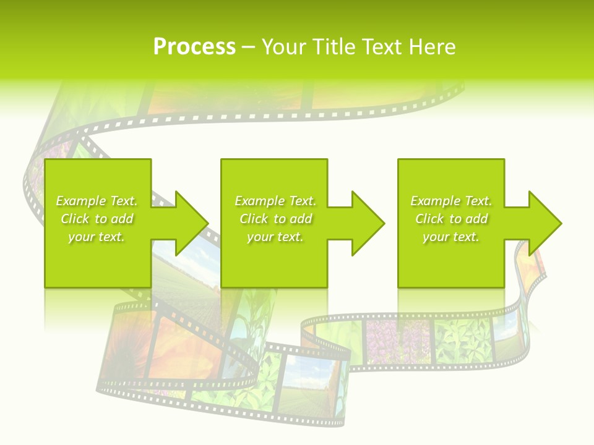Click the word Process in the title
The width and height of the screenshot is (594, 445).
coord(194,47)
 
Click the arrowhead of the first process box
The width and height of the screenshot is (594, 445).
coord(191,223)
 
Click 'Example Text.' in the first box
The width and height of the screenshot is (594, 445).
coord(97,201)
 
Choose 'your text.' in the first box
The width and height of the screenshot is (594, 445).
coord(97,237)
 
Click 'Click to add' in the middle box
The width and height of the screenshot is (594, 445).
coord(275,219)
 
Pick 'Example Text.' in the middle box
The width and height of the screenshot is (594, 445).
coord(275,201)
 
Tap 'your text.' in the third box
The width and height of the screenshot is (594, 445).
coord(451,237)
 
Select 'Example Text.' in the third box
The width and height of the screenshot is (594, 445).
coord(451,201)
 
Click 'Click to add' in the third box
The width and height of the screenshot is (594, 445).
coord(451,219)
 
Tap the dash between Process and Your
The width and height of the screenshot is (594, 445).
coord(248,48)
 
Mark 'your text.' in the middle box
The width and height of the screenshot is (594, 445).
coord(275,237)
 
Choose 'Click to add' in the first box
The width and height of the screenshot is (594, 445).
coord(97,219)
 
